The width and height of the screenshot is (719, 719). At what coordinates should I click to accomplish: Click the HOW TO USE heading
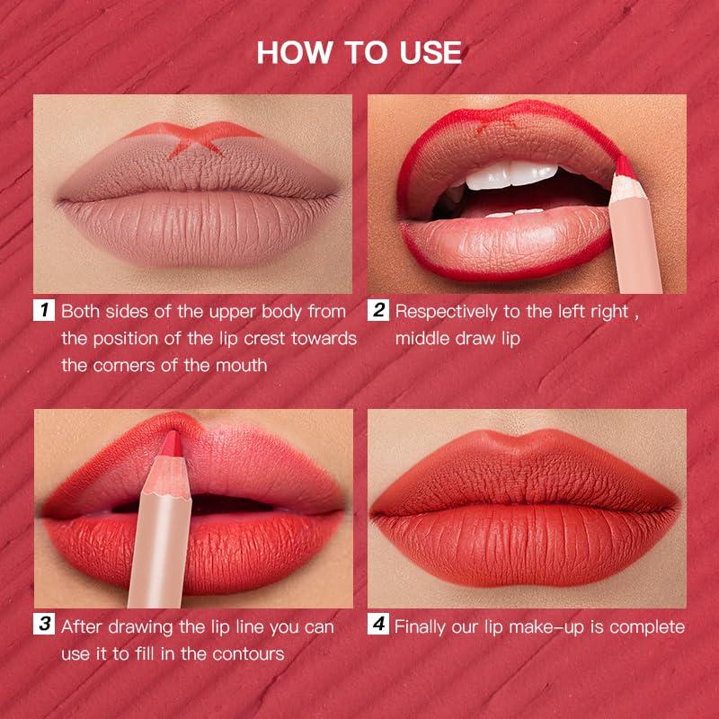point(359,51)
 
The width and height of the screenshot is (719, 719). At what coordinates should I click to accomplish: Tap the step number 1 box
point(44,312)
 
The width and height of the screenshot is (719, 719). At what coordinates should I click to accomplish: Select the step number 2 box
point(378,312)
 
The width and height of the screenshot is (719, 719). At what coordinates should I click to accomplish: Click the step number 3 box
point(44,626)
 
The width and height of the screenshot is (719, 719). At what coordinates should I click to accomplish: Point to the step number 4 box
point(378,626)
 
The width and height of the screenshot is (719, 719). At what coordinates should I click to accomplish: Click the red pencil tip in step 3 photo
point(171,443)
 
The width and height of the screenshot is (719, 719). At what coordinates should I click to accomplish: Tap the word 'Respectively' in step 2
point(450,312)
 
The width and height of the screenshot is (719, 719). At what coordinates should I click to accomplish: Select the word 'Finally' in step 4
point(425,626)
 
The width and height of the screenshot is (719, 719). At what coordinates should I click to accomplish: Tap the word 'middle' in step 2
point(422,339)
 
